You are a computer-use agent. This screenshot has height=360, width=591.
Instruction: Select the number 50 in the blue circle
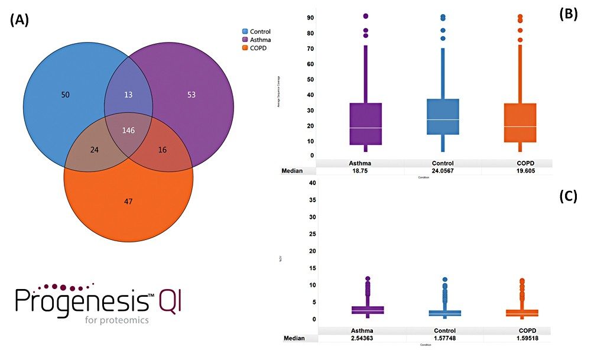[66, 95]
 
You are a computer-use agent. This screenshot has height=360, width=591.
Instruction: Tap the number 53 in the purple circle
[191, 95]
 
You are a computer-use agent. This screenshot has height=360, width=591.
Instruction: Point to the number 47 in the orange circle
[128, 202]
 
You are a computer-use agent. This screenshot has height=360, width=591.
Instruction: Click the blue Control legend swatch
[245, 31]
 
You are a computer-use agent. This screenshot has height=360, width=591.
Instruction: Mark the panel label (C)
[570, 196]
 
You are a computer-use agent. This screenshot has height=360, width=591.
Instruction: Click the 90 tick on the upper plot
[310, 18]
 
